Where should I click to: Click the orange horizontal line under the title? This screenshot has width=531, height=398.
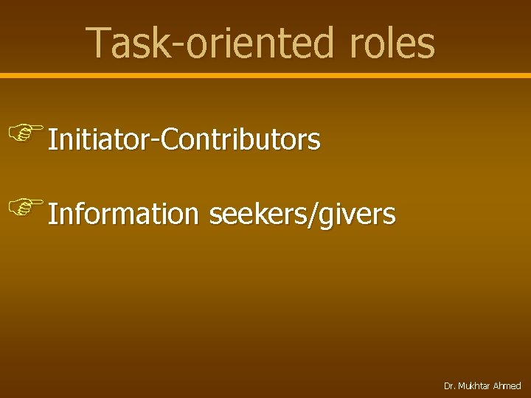[x=265, y=75]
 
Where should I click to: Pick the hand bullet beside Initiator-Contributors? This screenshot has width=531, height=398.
[x=25, y=133]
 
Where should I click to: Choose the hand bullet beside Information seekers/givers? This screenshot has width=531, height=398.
[x=25, y=207]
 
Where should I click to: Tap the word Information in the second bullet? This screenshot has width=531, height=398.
[x=123, y=214]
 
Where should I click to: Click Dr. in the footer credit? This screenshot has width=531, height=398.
[x=449, y=386]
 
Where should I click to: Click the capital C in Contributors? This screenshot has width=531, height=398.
[x=169, y=139]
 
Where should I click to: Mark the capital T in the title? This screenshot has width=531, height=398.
[x=97, y=43]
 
